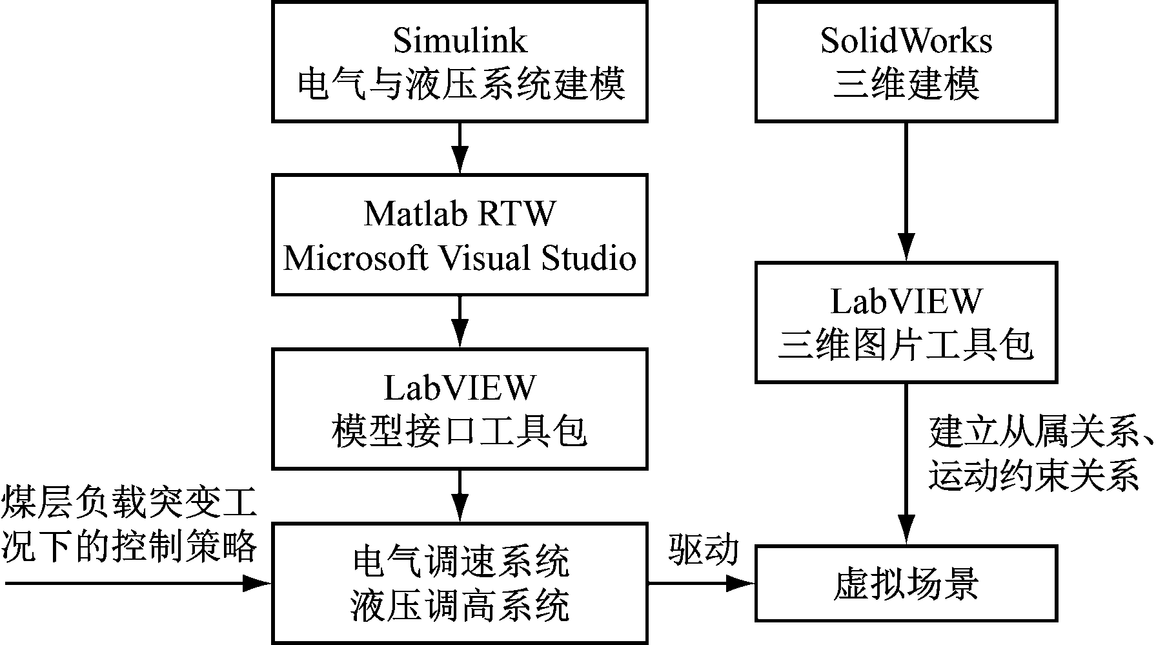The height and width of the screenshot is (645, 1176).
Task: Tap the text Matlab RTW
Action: pyautogui.click(x=460, y=213)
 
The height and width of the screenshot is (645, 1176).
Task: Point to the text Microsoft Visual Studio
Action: pyautogui.click(x=460, y=258)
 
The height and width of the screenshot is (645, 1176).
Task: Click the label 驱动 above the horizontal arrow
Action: pyautogui.click(x=703, y=550)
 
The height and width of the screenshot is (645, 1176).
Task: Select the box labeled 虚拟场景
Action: pyautogui.click(x=906, y=583)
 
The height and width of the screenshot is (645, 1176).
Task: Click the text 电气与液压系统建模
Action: pyautogui.click(x=460, y=85)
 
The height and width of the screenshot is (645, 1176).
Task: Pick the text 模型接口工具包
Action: pyautogui.click(x=460, y=431)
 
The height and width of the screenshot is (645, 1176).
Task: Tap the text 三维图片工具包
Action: pyautogui.click(x=906, y=345)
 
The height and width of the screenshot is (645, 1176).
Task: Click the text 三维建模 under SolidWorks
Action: pyautogui.click(x=906, y=85)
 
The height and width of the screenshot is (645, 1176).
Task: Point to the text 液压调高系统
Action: pyautogui.click(x=460, y=606)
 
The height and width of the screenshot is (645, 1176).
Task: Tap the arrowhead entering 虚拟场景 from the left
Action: pyautogui.click(x=742, y=584)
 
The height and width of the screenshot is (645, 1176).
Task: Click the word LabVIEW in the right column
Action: pyautogui.click(x=906, y=301)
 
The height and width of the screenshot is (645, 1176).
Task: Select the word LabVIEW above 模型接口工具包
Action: pyautogui.click(x=460, y=387)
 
